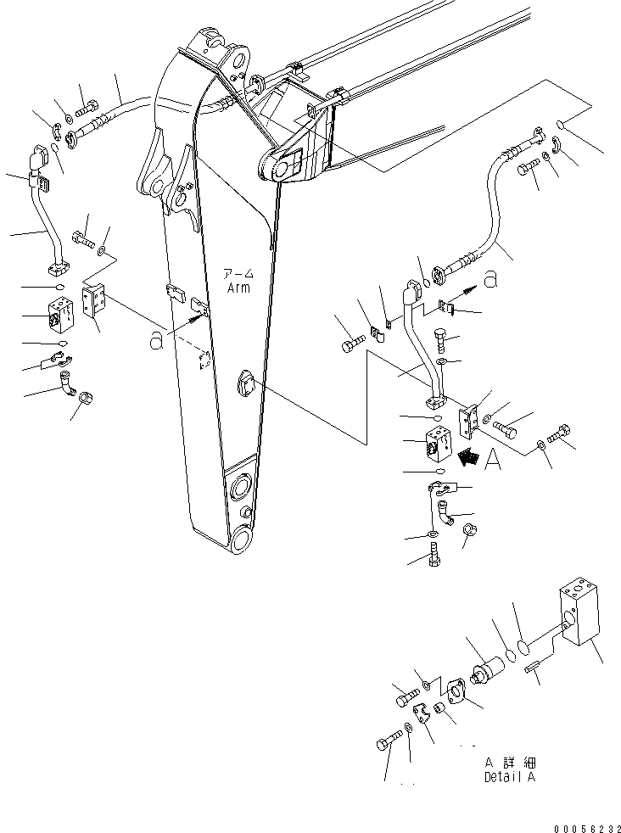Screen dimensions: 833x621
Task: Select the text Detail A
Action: coord(509,777)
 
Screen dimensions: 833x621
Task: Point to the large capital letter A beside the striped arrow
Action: coord(492,461)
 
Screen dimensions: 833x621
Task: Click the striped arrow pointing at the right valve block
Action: coord(465,458)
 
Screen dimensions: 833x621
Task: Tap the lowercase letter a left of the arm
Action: coord(155,339)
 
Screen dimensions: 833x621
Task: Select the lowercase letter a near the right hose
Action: coord(490,278)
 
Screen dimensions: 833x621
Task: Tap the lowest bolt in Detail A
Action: coord(387,745)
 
